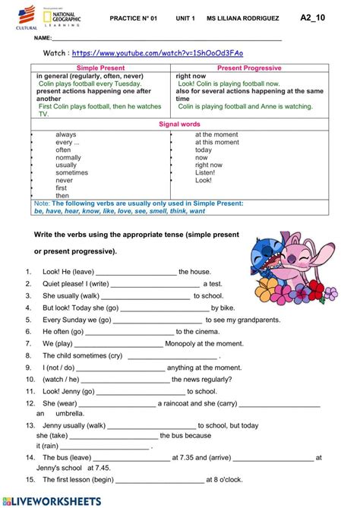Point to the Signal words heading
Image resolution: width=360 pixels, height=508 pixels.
[x=179, y=124]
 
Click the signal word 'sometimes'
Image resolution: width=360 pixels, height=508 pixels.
[x=71, y=172]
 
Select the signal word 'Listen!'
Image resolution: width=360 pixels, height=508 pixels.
[x=205, y=172]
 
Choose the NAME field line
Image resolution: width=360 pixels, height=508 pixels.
[x=167, y=38]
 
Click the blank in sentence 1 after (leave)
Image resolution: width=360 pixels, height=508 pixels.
[x=136, y=272]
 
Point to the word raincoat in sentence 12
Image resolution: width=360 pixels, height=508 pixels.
[x=176, y=403]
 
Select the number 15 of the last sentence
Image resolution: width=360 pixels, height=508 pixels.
[x=29, y=480]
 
